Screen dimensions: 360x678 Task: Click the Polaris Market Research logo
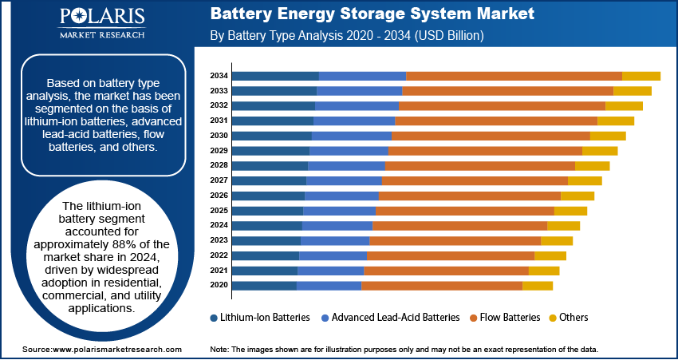(x=101, y=24)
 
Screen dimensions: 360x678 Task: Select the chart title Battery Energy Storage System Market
(x=372, y=14)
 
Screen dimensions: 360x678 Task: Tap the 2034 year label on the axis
(x=219, y=76)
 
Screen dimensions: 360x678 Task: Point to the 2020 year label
(x=219, y=285)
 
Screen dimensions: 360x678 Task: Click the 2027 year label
(x=219, y=180)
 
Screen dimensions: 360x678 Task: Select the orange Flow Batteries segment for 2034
(x=514, y=76)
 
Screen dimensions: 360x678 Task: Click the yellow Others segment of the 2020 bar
(x=537, y=285)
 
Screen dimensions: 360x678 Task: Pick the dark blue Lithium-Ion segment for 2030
(x=272, y=136)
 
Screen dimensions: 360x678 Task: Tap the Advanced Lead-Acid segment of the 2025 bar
(x=339, y=211)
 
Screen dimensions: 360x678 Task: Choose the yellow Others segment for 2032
(x=624, y=106)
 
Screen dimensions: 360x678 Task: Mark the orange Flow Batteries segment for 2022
(x=450, y=255)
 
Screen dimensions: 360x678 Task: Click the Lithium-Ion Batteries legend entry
(x=259, y=318)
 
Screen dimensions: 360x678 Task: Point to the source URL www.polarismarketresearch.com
(x=116, y=350)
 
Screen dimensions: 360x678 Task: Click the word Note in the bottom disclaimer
(x=219, y=350)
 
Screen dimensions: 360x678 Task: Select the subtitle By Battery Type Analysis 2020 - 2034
(x=346, y=37)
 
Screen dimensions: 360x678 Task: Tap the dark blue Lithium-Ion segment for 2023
(x=266, y=240)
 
